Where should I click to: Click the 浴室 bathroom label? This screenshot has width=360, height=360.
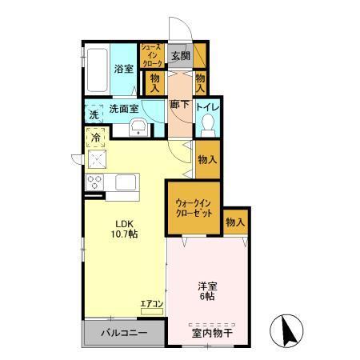[x=122, y=68]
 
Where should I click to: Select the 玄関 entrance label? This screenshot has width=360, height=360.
[x=181, y=55]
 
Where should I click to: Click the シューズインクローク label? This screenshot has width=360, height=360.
[x=152, y=55]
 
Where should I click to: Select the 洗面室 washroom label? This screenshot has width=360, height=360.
[x=124, y=107]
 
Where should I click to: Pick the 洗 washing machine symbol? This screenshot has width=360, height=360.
[x=94, y=114]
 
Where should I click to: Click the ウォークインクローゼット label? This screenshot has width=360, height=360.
[x=194, y=209]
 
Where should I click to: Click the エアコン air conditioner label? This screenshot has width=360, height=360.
[x=151, y=304]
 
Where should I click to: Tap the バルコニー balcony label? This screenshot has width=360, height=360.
[x=123, y=332]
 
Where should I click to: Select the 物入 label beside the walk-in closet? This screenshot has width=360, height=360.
[x=234, y=222]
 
